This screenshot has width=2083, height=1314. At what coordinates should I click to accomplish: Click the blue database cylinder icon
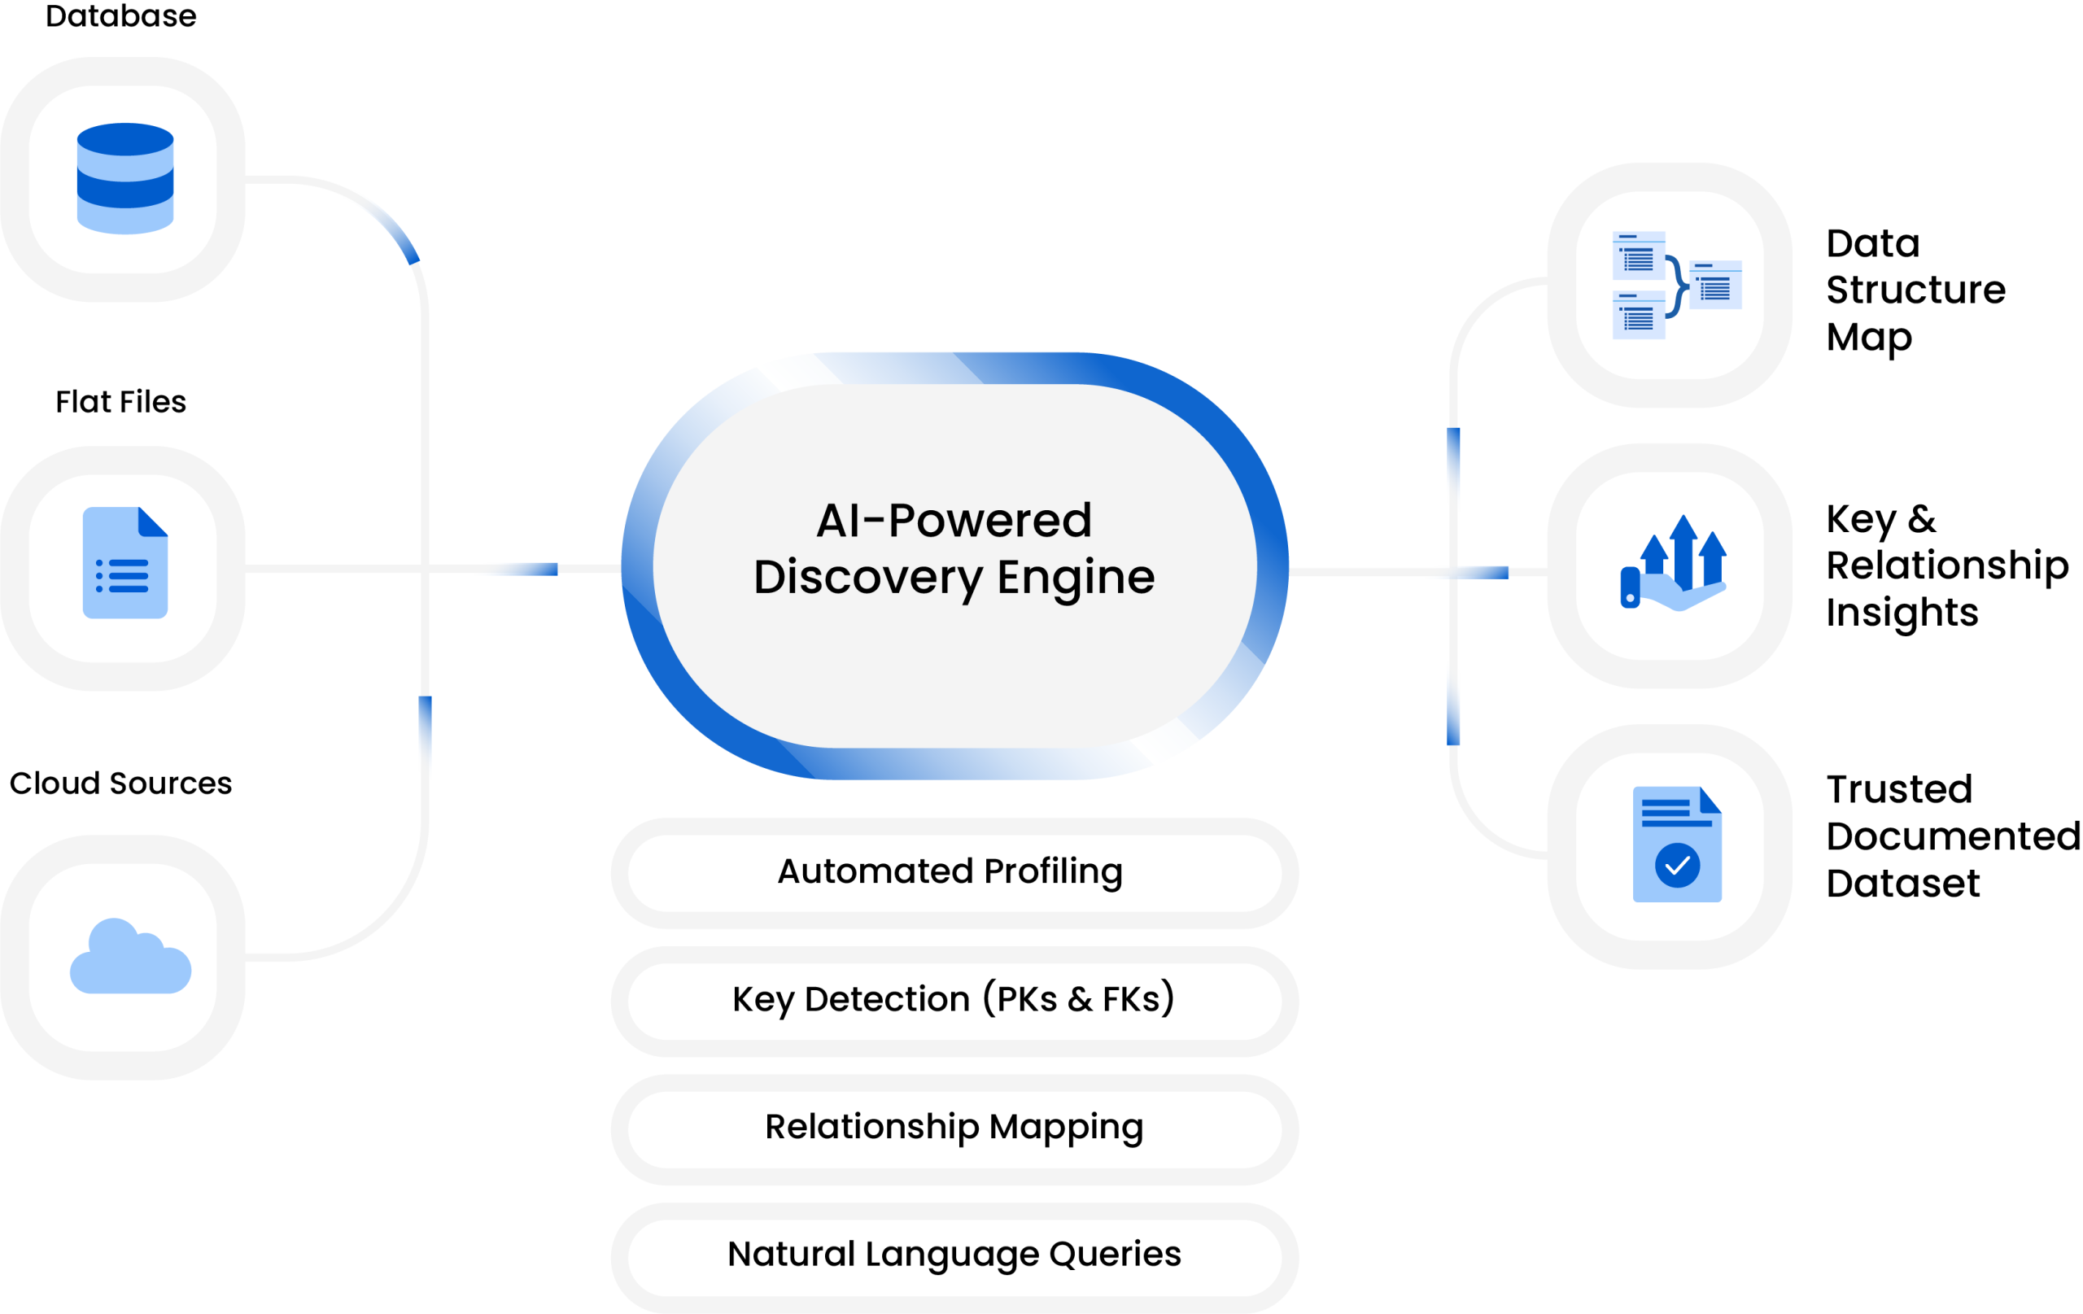click(125, 178)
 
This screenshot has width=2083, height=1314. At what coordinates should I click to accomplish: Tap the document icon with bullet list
click(125, 562)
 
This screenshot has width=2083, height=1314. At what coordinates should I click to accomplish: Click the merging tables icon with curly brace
click(1676, 286)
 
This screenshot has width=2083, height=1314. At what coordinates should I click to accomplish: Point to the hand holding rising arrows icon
click(1672, 564)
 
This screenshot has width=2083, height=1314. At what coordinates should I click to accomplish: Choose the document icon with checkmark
click(1676, 845)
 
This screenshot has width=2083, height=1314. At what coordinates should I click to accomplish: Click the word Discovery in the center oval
click(867, 577)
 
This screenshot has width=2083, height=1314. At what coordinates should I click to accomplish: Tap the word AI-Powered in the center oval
click(954, 521)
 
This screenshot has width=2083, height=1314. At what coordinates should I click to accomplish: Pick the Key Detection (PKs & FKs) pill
click(954, 1000)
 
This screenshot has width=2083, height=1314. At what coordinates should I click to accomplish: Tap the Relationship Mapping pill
click(954, 1127)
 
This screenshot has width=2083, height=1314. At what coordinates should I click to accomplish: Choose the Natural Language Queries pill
click(954, 1255)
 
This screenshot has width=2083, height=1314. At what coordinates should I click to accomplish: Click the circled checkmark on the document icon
click(1677, 865)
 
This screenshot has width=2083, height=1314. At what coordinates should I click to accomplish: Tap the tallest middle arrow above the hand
click(1683, 545)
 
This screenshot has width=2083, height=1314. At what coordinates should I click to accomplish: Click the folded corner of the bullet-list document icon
click(153, 522)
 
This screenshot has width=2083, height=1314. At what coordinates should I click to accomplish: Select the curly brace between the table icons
click(1677, 286)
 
